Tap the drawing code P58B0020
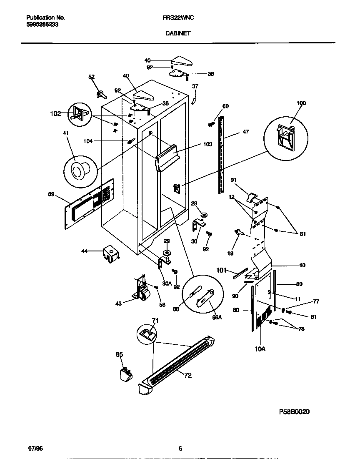[294, 411]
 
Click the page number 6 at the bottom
[180, 449]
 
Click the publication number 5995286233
[42, 25]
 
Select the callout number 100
[301, 103]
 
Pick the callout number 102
[55, 113]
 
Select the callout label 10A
[260, 349]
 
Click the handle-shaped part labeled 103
[169, 156]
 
